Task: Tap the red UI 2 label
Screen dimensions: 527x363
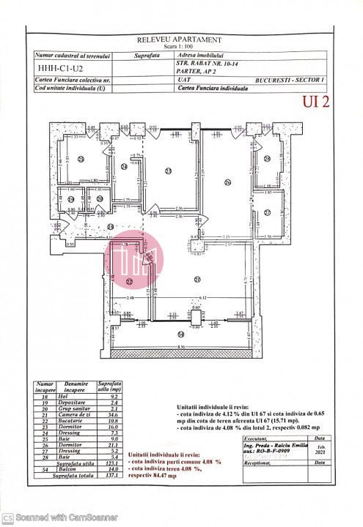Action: coord(315,102)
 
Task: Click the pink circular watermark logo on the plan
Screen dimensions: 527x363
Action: coord(133,254)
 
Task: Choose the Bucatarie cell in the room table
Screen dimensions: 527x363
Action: coord(76,419)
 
